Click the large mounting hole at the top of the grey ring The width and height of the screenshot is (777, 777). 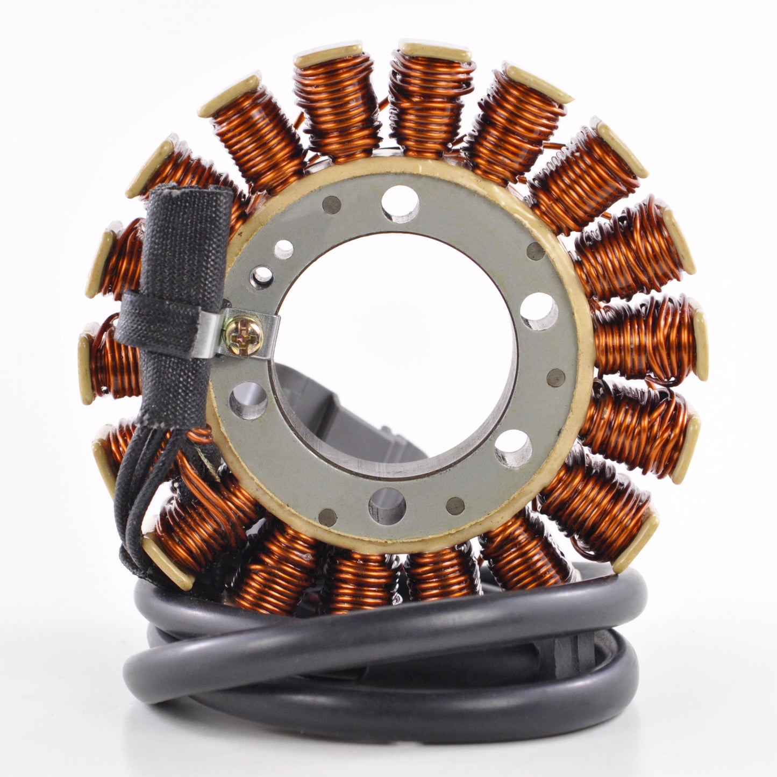(400, 204)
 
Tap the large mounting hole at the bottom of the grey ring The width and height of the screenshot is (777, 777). (387, 506)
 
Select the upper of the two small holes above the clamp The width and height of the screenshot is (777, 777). (284, 249)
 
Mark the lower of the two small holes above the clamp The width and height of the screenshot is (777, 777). (262, 276)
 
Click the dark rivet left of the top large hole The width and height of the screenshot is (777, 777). (331, 204)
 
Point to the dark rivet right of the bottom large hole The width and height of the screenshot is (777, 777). (455, 505)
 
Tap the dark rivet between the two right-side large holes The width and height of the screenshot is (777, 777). (556, 377)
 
